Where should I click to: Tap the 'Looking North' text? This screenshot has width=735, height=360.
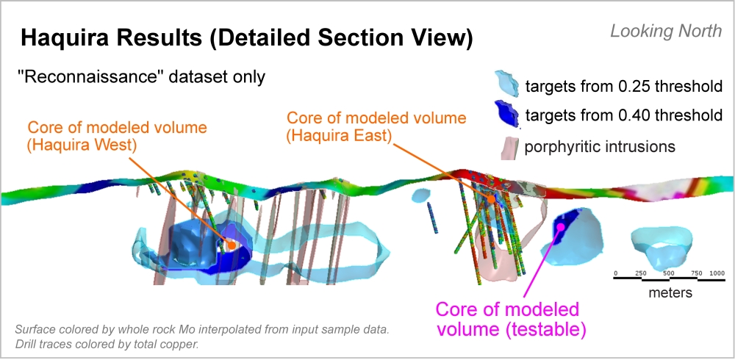click(x=667, y=32)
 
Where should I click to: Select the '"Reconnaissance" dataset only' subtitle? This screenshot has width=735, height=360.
click(x=141, y=76)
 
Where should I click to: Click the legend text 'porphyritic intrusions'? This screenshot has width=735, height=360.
click(x=600, y=146)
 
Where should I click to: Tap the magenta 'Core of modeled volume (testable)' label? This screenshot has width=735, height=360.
click(x=512, y=318)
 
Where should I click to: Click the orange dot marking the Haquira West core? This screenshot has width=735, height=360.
click(x=229, y=244)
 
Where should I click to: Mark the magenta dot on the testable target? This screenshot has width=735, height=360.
click(x=561, y=226)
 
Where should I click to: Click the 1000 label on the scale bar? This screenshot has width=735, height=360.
click(x=717, y=273)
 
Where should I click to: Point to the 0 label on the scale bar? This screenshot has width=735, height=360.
click(x=615, y=273)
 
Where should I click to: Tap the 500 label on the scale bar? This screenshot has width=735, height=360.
click(x=668, y=273)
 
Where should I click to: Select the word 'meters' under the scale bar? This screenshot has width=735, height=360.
click(x=668, y=292)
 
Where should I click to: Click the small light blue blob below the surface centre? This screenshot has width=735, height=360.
click(x=420, y=196)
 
